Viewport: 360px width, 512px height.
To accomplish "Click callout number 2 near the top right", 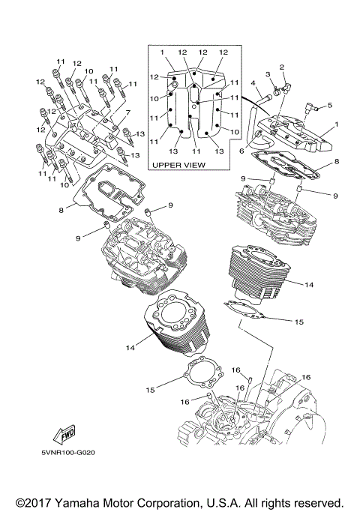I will tap(282, 67).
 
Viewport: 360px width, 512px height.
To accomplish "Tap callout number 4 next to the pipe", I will tap(254, 82).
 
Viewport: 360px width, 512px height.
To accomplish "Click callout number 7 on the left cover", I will tap(128, 113).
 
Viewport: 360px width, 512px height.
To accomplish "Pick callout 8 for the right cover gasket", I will tap(337, 161).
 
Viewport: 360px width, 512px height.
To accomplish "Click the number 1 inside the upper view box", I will tap(161, 51).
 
